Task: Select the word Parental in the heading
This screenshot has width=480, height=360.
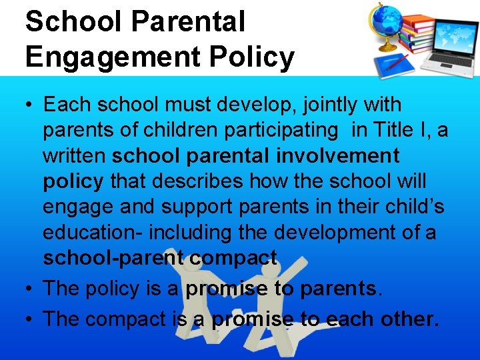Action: (x=189, y=21)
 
